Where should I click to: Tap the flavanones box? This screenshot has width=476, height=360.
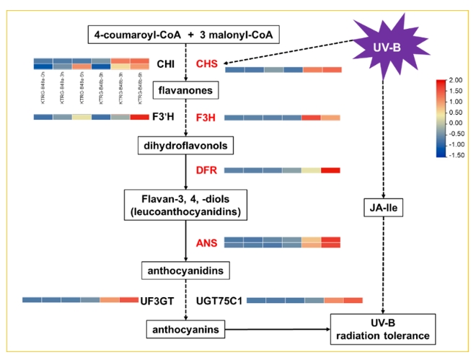pyautogui.click(x=186, y=90)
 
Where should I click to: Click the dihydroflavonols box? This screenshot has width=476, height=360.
pyautogui.click(x=186, y=146)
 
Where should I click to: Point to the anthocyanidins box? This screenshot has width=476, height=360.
pyautogui.click(x=186, y=271)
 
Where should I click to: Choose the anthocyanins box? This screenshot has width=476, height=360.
pyautogui.click(x=186, y=329)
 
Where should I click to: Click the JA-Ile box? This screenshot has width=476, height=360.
pyautogui.click(x=382, y=209)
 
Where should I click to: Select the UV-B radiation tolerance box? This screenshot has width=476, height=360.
pyautogui.click(x=382, y=329)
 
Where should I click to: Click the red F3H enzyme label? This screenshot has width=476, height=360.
pyautogui.click(x=206, y=117)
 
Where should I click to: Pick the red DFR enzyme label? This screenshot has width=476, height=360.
pyautogui.click(x=206, y=170)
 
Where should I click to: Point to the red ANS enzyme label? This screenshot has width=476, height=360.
pyautogui.click(x=206, y=242)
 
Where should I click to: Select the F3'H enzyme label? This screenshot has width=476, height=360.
pyautogui.click(x=164, y=117)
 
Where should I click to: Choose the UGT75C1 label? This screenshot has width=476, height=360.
pyautogui.click(x=218, y=299)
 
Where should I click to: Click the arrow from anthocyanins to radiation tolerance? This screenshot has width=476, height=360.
pyautogui.click(x=278, y=330)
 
